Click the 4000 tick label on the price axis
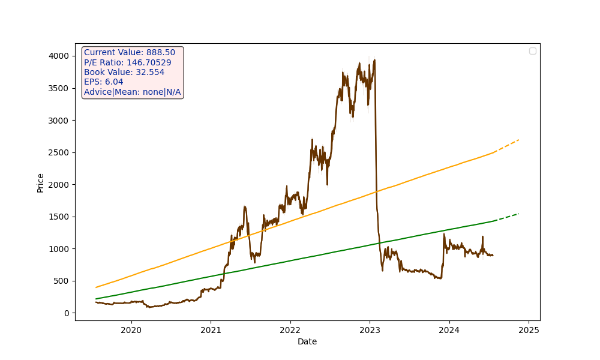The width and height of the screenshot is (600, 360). tap(59, 56)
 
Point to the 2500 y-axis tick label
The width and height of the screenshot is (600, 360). tap(59, 152)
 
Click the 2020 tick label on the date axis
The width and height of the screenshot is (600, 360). tap(131, 330)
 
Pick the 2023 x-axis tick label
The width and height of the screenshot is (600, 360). tap(370, 330)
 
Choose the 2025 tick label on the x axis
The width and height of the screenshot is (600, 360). tap(529, 330)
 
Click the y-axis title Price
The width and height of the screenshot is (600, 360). tap(40, 182)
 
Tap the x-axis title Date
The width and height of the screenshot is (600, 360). tap(307, 342)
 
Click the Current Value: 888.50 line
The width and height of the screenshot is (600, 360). tap(130, 53)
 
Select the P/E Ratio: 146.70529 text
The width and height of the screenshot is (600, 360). tap(128, 62)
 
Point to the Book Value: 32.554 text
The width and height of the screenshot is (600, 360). tap(124, 72)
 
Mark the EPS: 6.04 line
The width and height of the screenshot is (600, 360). tap(104, 82)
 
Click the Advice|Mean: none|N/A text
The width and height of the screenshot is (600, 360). tap(133, 92)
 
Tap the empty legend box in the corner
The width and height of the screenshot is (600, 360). tap(533, 51)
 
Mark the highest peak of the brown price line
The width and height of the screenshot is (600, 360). tap(374, 60)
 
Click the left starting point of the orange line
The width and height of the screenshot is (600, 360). tap(96, 287)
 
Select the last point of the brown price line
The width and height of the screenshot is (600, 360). tap(493, 256)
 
